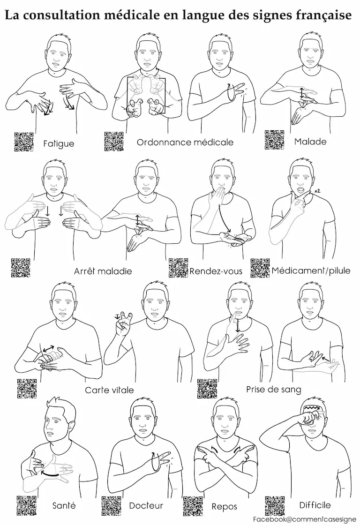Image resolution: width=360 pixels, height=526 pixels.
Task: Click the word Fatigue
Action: pyautogui.click(x=59, y=144)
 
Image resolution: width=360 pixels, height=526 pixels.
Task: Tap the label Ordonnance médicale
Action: pyautogui.click(x=185, y=142)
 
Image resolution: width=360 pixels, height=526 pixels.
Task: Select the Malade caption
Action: pyautogui.click(x=310, y=142)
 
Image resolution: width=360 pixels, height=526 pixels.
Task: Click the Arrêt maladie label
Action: pyautogui.click(x=103, y=271)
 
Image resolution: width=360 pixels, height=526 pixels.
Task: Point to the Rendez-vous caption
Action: pyautogui.click(x=216, y=271)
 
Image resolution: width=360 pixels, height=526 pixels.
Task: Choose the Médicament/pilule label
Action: pyautogui.click(x=311, y=271)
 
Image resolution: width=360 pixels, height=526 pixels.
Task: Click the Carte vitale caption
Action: pyautogui.click(x=109, y=390)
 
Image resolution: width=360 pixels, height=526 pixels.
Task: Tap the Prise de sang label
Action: pyautogui.click(x=273, y=390)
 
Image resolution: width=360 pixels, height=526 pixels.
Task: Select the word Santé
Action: pyautogui.click(x=64, y=505)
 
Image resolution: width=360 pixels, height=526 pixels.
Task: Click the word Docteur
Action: pyautogui.click(x=146, y=505)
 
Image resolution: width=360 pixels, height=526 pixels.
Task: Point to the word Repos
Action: pyautogui.click(x=224, y=506)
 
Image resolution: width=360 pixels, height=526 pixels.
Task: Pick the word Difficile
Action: pyautogui.click(x=315, y=505)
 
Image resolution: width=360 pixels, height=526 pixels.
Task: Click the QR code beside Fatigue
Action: pyautogui.click(x=24, y=142)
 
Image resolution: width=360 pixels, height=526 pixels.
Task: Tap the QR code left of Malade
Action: pyautogui.click(x=274, y=140)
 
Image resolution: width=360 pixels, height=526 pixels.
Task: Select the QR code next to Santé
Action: pyautogui.click(x=27, y=506)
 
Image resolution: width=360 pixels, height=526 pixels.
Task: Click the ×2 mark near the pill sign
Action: pyautogui.click(x=317, y=191)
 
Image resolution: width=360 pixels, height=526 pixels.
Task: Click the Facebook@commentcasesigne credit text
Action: pyautogui.click(x=302, y=519)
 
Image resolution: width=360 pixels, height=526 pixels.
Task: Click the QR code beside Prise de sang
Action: pyautogui.click(x=207, y=389)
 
